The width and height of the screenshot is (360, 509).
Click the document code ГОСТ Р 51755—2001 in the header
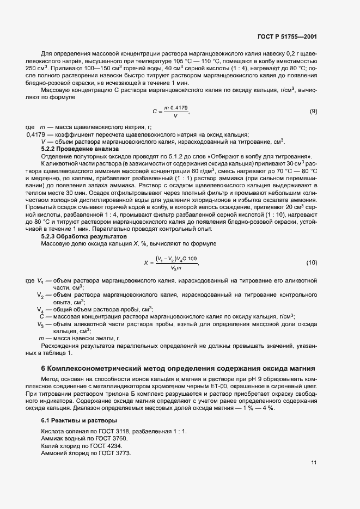(x=287, y=36)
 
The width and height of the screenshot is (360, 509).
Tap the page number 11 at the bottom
(x=314, y=463)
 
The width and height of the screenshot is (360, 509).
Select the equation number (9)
(x=313, y=112)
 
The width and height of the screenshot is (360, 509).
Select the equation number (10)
(x=312, y=262)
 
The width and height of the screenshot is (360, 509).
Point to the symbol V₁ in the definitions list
(x=40, y=281)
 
